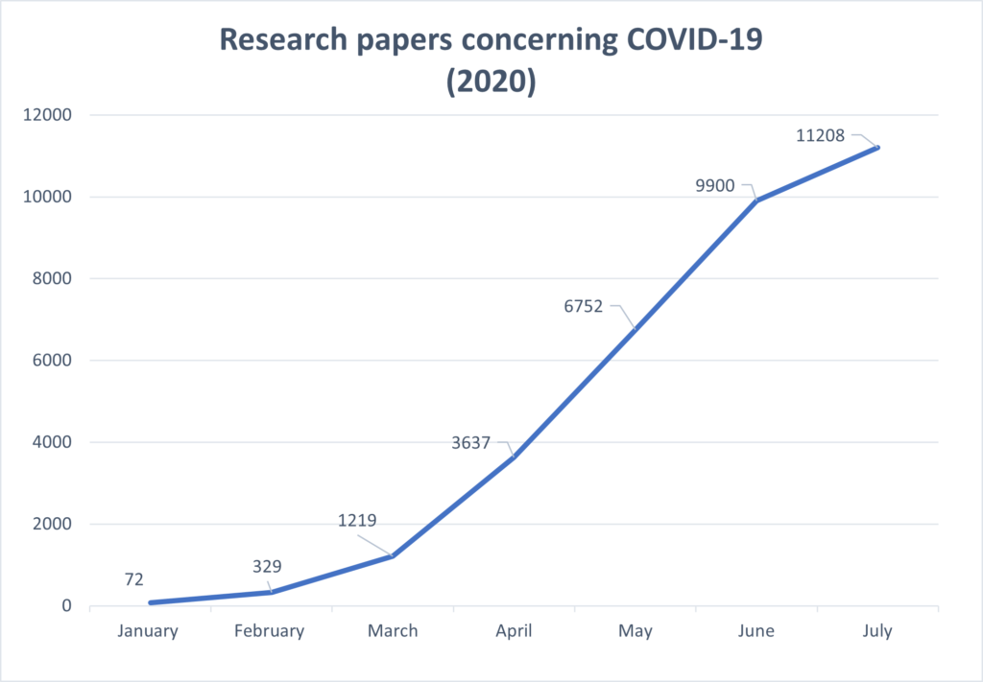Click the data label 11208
[x=821, y=136]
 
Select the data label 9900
[x=715, y=186]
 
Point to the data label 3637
[x=470, y=443]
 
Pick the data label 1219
[x=356, y=521]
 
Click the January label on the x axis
[x=148, y=631]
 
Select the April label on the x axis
[x=514, y=631]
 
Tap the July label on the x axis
[x=877, y=631]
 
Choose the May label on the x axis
[x=635, y=631]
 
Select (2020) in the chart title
[x=491, y=82]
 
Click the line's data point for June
[x=756, y=200]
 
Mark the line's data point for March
[x=392, y=555]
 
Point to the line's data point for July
[x=877, y=147]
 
